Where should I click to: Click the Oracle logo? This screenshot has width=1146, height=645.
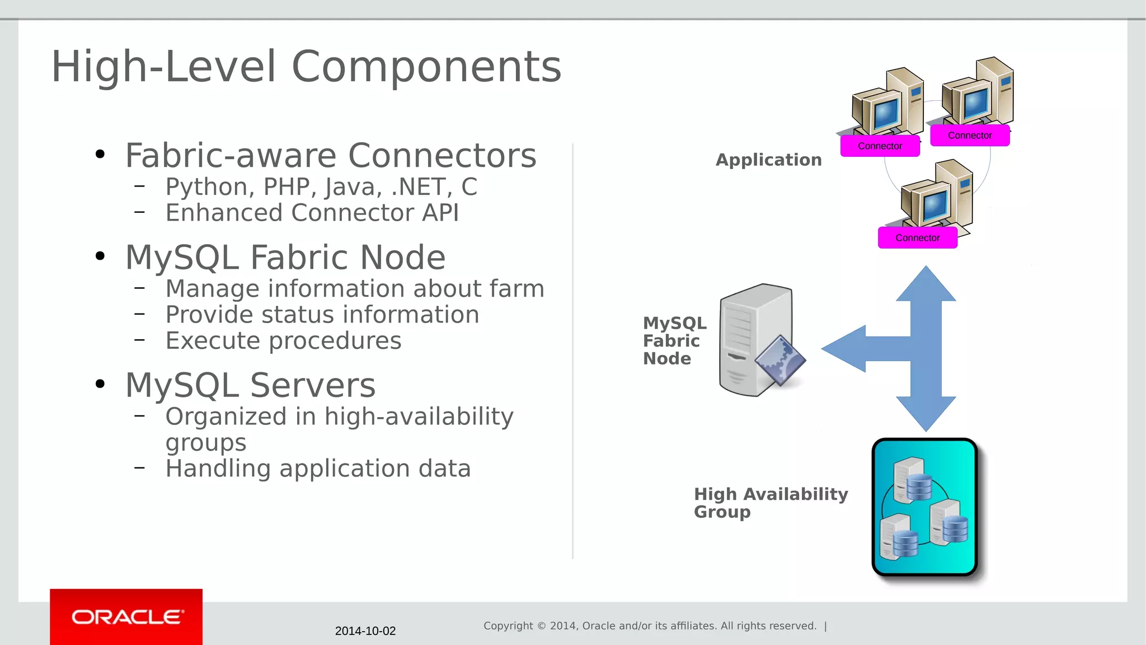(127, 617)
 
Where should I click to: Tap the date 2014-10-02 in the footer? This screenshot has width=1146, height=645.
(365, 631)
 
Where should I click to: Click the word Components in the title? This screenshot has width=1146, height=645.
(426, 67)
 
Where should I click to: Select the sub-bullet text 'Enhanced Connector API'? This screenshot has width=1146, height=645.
(312, 213)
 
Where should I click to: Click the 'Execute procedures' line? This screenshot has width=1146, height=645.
(283, 340)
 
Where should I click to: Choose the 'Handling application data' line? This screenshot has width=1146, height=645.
(318, 468)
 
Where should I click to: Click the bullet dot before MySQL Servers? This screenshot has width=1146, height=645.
(100, 384)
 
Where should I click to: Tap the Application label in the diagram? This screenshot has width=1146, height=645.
(768, 160)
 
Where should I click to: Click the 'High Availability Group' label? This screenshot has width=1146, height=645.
(770, 502)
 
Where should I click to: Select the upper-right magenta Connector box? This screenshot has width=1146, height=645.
(970, 135)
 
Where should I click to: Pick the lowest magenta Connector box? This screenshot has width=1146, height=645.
(917, 238)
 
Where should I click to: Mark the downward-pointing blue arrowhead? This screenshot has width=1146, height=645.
(926, 414)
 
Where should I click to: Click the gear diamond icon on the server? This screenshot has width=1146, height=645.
(780, 361)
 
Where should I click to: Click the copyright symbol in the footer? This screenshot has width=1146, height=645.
(541, 626)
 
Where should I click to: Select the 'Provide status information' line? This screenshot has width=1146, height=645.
(322, 315)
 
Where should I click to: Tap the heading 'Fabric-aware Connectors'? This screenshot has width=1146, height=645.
(330, 156)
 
